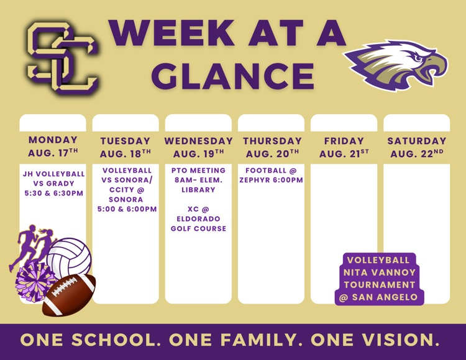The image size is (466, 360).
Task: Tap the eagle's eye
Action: (x=419, y=58)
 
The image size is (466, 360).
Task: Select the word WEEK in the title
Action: (x=173, y=32)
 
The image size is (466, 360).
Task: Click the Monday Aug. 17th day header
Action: (x=53, y=146)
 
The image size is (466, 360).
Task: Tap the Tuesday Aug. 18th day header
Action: (x=126, y=147)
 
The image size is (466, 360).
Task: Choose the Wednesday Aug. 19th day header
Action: (x=198, y=147)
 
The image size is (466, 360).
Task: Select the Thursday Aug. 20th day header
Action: (x=272, y=147)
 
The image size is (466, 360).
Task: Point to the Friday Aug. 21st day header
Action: (x=344, y=147)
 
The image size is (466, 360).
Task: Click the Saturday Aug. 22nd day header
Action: (x=417, y=147)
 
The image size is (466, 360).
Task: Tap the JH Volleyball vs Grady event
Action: (x=54, y=183)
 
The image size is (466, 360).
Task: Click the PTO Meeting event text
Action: (x=198, y=180)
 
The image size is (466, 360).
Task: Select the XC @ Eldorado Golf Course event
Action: (x=198, y=218)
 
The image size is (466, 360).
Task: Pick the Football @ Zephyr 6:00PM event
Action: (x=271, y=175)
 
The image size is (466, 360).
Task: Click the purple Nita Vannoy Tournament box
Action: (x=379, y=279)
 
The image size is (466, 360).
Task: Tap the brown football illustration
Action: (x=69, y=295)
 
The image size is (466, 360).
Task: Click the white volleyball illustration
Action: (x=69, y=257)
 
